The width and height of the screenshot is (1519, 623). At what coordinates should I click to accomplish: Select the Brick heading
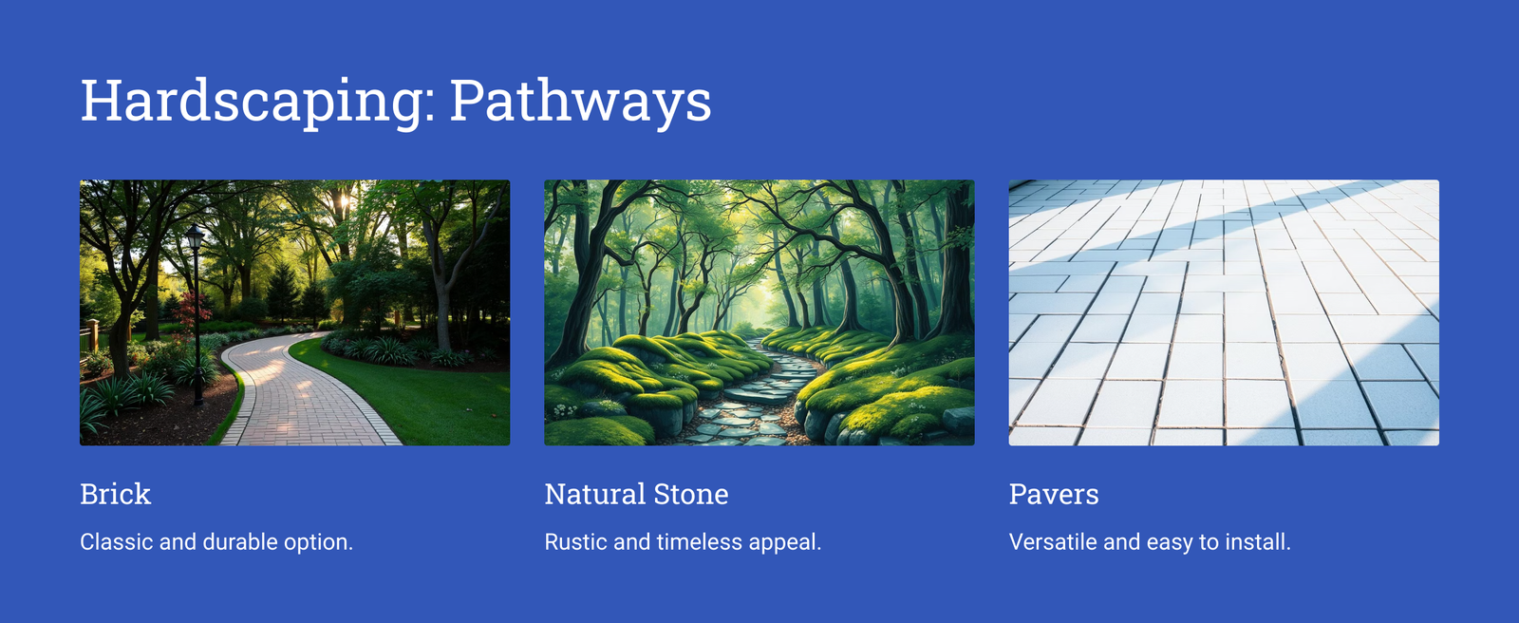tap(115, 494)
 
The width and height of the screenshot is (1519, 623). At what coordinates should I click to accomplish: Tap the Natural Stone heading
tap(636, 494)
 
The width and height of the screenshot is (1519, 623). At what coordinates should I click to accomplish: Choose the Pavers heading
tap(1054, 494)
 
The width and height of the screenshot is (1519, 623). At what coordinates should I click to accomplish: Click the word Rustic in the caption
tap(575, 542)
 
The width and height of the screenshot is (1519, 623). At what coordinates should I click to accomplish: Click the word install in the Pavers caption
tap(1257, 542)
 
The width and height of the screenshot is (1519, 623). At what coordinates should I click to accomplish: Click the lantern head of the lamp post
tap(195, 236)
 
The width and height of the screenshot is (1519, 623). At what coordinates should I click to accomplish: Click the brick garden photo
tap(295, 312)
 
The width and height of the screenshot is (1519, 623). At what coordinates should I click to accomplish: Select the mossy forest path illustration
tap(759, 312)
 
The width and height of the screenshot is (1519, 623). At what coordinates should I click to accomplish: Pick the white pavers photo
tap(1224, 312)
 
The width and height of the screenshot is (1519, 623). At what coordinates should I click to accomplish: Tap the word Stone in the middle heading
tap(692, 494)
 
